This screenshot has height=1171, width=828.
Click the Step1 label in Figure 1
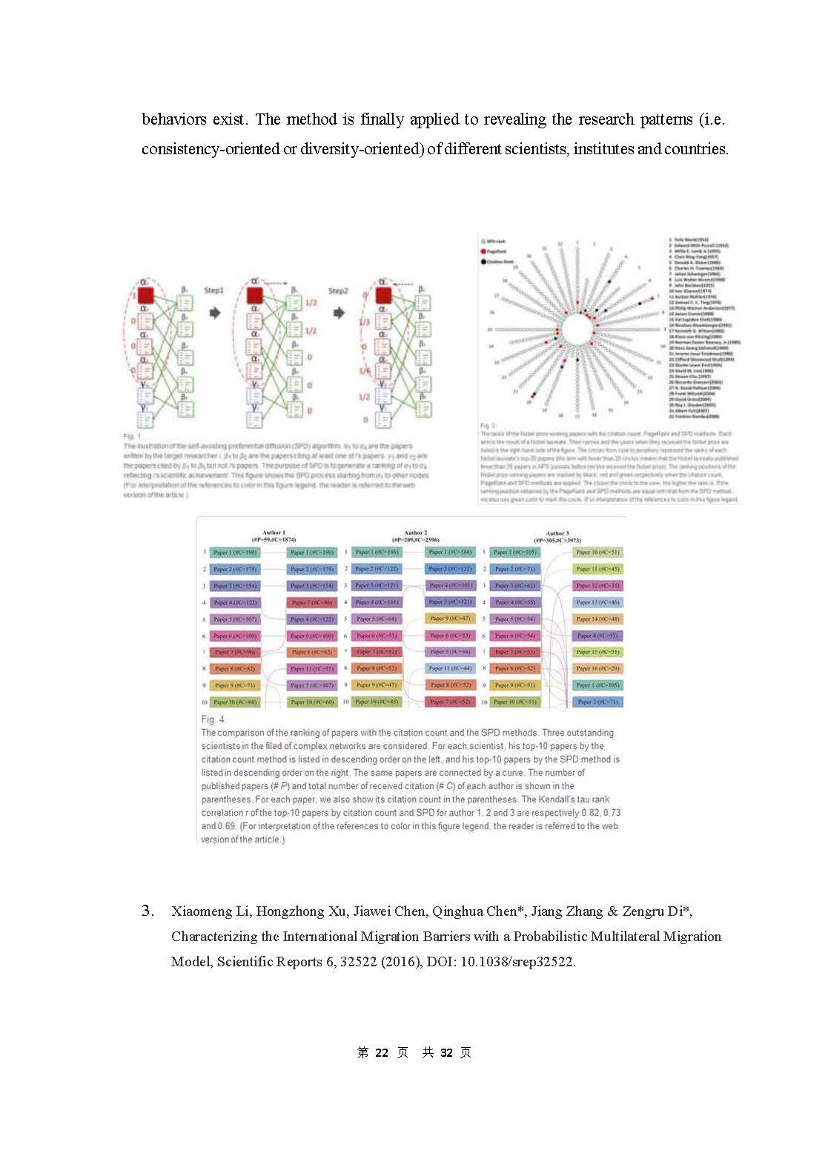pyautogui.click(x=213, y=290)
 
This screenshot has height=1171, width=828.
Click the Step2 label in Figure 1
pyautogui.click(x=338, y=290)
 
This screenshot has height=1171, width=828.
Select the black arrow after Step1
pyautogui.click(x=214, y=313)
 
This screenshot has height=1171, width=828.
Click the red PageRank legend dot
pyautogui.click(x=483, y=251)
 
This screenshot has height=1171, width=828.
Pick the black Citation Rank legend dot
pyautogui.click(x=483, y=261)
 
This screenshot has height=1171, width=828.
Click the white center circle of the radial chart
pyautogui.click(x=577, y=329)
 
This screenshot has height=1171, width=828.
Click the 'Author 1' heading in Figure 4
pyautogui.click(x=274, y=532)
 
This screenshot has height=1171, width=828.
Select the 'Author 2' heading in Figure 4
pyautogui.click(x=415, y=532)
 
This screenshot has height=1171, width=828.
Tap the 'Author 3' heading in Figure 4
pyautogui.click(x=557, y=533)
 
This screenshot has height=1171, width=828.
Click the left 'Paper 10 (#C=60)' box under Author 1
pyautogui.click(x=235, y=702)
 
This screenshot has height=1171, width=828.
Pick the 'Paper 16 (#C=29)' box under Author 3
pyautogui.click(x=597, y=668)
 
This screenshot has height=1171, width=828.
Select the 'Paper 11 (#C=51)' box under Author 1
pyautogui.click(x=312, y=668)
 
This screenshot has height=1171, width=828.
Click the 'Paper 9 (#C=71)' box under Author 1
pyautogui.click(x=234, y=685)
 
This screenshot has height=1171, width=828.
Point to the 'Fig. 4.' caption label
pyautogui.click(x=213, y=719)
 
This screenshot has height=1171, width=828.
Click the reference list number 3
pyautogui.click(x=148, y=911)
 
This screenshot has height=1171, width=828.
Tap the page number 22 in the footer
pyautogui.click(x=382, y=1052)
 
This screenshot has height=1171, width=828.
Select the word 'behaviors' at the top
pyautogui.click(x=174, y=119)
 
